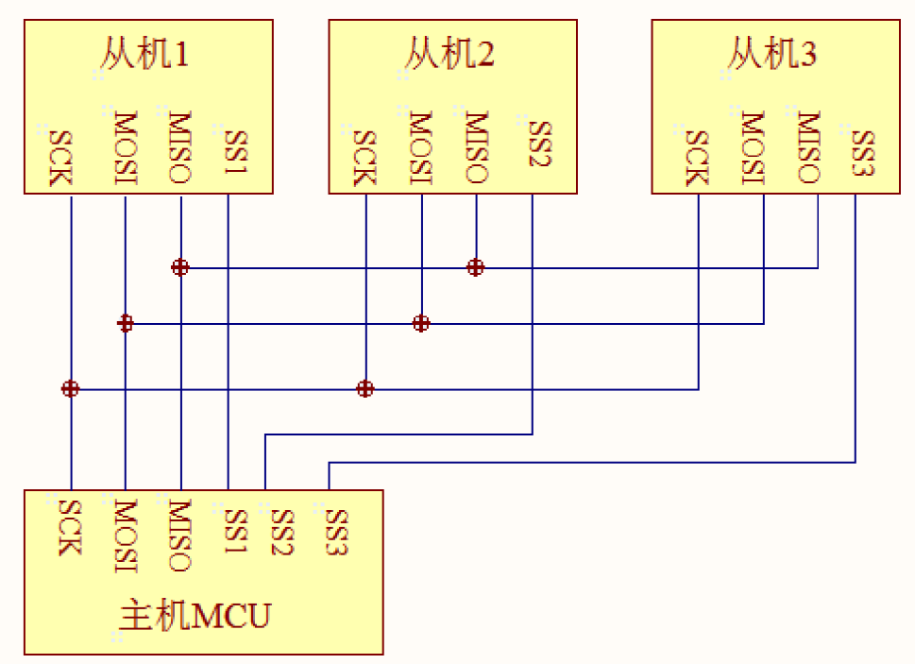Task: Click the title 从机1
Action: [x=144, y=55]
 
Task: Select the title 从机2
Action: [x=449, y=55]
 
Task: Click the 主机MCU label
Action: [x=195, y=616]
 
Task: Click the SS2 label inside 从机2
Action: [x=539, y=144]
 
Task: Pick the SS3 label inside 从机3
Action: [x=863, y=152]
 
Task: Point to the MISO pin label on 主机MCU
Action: [x=179, y=536]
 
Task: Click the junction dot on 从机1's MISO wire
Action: [x=179, y=267]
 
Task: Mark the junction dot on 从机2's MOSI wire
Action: [x=421, y=323]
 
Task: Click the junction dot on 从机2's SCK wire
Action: [x=365, y=388]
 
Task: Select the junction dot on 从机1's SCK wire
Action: [x=70, y=388]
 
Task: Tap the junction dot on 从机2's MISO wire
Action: [x=476, y=267]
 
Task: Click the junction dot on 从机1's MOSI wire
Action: [x=125, y=323]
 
